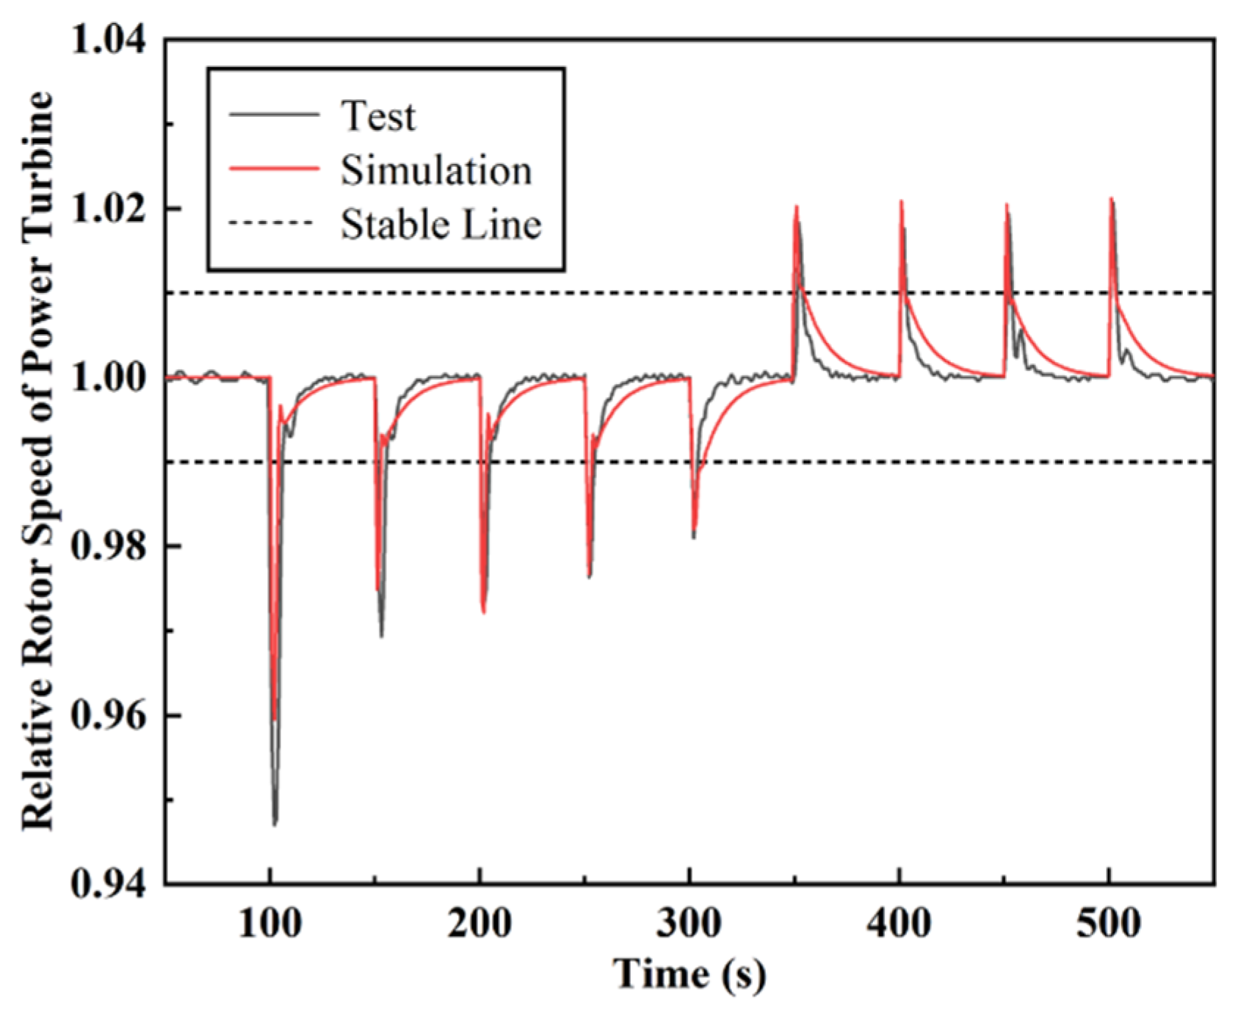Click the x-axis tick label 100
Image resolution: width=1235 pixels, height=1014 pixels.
[270, 922]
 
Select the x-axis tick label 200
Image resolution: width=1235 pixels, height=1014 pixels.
[479, 922]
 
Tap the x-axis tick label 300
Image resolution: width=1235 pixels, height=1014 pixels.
[689, 922]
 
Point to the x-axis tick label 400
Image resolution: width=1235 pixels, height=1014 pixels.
[899, 922]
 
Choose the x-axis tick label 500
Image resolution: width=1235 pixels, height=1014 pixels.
[1108, 922]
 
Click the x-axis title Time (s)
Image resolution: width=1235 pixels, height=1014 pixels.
[689, 974]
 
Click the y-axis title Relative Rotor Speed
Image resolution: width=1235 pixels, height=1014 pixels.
[38, 461]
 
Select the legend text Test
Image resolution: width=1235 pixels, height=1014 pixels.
[378, 116]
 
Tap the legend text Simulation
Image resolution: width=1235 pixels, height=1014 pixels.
[435, 170]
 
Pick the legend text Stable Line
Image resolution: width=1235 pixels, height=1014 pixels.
[441, 225]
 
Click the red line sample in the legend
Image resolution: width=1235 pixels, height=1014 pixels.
[274, 169]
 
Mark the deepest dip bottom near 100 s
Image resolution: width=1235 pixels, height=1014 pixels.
[275, 824]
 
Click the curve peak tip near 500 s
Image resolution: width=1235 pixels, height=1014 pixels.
[1112, 199]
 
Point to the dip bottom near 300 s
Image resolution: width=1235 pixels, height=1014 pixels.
[693, 537]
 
